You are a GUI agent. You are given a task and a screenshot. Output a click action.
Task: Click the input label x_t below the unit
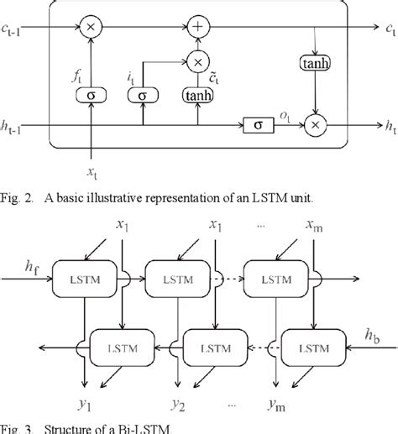pos(92,172)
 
